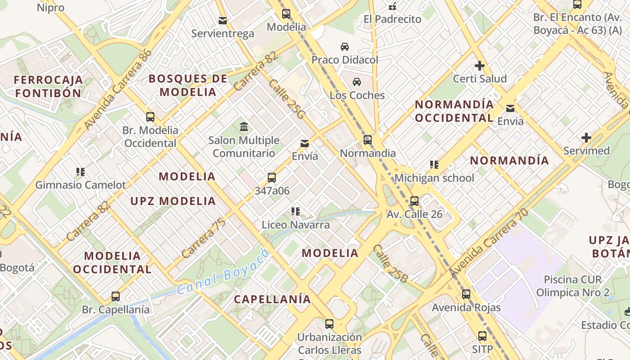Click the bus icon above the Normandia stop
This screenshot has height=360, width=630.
click(368, 140)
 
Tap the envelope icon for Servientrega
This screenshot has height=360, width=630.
click(222, 21)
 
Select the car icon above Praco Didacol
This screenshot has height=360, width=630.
click(344, 47)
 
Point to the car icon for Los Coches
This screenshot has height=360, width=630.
click(357, 82)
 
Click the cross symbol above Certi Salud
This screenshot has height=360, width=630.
click(480, 66)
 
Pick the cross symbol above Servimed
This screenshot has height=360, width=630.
click(586, 138)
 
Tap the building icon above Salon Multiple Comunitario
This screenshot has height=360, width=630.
click(244, 127)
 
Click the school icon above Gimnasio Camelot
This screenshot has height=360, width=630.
click(81, 171)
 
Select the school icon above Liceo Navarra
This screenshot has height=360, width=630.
click(295, 211)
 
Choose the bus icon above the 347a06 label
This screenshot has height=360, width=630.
click(271, 177)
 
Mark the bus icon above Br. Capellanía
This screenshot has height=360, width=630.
click(116, 297)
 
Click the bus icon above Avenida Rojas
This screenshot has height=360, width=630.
click(466, 295)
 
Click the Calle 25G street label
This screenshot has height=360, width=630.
click(287, 100)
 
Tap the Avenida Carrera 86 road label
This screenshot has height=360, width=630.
click(118, 89)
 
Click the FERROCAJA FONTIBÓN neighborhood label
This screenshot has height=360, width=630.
click(48, 86)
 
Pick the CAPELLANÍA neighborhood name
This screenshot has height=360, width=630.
click(272, 299)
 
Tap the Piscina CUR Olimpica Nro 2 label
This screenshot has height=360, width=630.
click(572, 286)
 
